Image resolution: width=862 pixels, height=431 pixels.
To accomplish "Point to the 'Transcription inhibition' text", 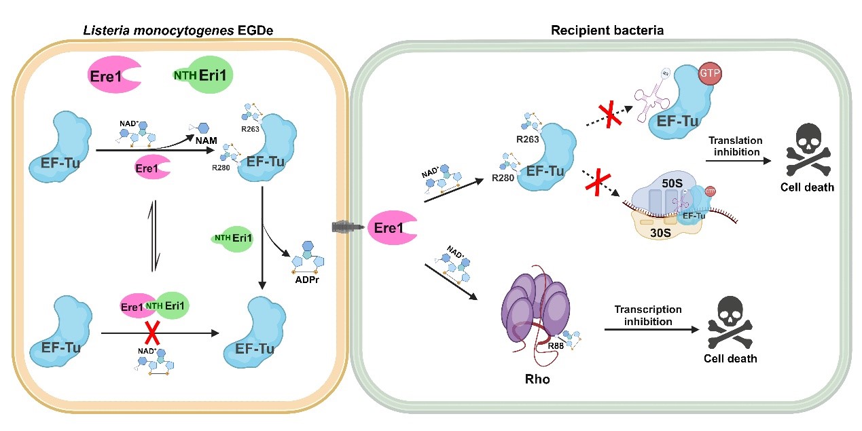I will pyautogui.click(x=648, y=316).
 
